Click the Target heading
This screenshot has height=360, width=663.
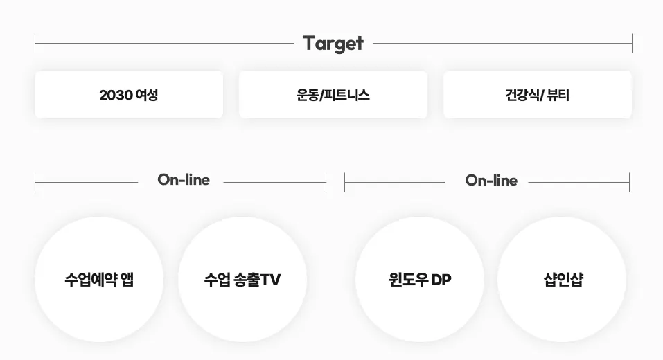pyautogui.click(x=333, y=43)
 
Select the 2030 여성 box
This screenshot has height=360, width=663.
pyautogui.click(x=129, y=94)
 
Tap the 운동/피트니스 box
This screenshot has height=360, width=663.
pyautogui.click(x=333, y=94)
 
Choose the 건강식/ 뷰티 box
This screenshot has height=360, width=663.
pyautogui.click(x=537, y=94)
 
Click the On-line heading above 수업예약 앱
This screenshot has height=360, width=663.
pyautogui.click(x=183, y=180)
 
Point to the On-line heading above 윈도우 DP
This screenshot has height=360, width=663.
pyautogui.click(x=490, y=180)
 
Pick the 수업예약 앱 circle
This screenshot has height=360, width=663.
pyautogui.click(x=99, y=279)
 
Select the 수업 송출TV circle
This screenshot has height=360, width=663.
pyautogui.click(x=242, y=279)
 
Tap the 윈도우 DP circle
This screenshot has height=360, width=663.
pyautogui.click(x=420, y=279)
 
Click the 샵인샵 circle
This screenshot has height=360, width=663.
pyautogui.click(x=562, y=279)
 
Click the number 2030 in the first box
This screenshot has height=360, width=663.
pyautogui.click(x=116, y=95)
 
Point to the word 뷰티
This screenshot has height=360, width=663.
pyautogui.click(x=558, y=95)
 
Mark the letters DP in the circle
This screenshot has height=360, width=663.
pyautogui.click(x=441, y=280)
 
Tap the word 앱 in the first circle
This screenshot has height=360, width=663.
pyautogui.click(x=127, y=280)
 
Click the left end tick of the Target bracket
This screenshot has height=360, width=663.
pyautogui.click(x=35, y=43)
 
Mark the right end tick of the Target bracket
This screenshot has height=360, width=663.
pyautogui.click(x=632, y=43)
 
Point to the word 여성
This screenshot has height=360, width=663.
pyautogui.click(x=147, y=95)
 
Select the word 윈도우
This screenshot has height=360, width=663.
pyautogui.click(x=409, y=280)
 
